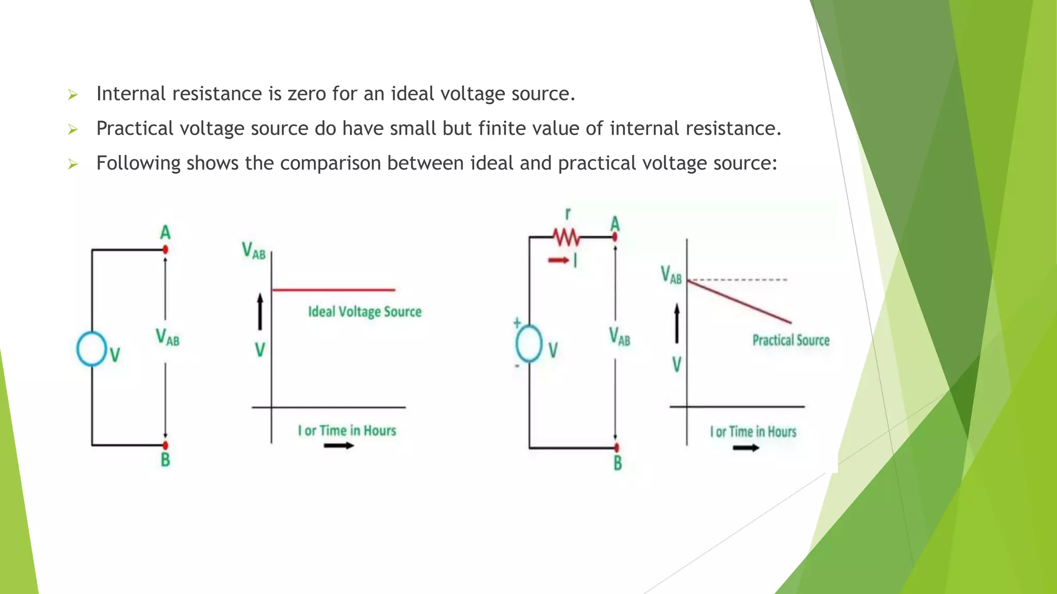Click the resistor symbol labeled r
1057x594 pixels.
pos(567,238)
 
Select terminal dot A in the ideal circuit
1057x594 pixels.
pos(165,250)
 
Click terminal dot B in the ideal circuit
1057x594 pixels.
pos(165,444)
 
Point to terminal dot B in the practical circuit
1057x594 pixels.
pos(616,448)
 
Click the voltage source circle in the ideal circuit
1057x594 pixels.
pos(91,349)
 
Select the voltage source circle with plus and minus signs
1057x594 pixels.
pos(529,343)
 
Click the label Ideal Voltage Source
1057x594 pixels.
pos(364,312)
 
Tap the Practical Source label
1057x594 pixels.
pos(791,340)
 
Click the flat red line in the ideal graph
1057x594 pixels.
pos(333,290)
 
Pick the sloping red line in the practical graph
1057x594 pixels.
pos(739,302)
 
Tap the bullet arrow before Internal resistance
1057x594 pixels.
pos(73,95)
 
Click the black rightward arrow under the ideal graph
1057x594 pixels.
pos(339,445)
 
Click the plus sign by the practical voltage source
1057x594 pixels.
pos(517,323)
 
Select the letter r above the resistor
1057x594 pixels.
pos(568,213)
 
